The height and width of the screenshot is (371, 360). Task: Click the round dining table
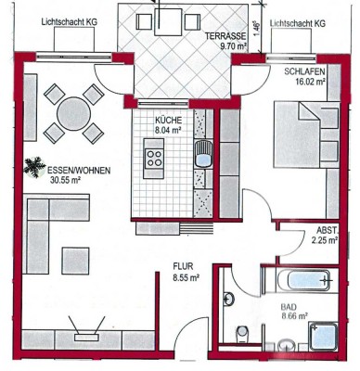coord(74,113)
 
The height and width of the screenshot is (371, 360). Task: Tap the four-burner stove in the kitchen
coord(154,158)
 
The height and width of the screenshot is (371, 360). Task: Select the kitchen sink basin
coord(203,154)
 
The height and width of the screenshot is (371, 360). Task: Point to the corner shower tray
coord(324,336)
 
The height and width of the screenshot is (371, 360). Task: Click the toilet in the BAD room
coord(242,334)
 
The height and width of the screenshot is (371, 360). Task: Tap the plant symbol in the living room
coord(33,167)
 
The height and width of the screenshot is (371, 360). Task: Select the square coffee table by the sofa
coord(75,261)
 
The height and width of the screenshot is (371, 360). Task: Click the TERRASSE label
coord(226,36)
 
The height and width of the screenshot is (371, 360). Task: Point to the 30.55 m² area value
coord(65,180)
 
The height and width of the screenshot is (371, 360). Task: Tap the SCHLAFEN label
coord(304,71)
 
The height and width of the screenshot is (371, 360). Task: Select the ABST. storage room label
coord(328,231)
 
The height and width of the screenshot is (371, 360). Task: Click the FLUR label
coord(183,266)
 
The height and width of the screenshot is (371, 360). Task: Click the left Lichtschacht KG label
coord(70,22)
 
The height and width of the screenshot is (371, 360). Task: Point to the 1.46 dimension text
coord(257,29)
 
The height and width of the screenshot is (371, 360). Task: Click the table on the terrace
coord(168,22)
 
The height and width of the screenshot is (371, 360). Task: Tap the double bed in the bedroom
coord(306,135)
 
